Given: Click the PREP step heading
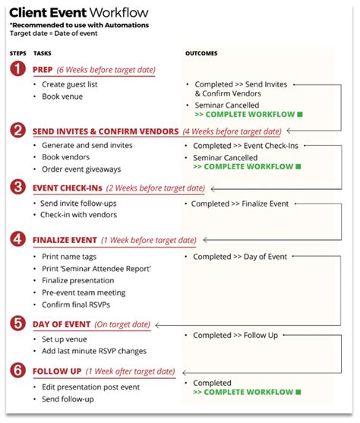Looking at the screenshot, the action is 43,70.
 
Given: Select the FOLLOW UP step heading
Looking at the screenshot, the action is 57,371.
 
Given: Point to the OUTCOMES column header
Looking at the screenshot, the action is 201,53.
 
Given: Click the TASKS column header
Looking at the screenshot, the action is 43,53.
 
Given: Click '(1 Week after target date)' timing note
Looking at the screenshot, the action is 130,371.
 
